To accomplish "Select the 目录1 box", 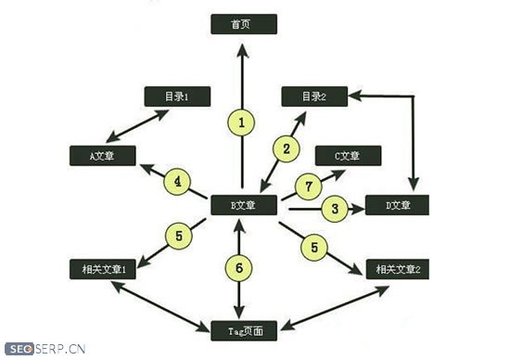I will click(177, 96).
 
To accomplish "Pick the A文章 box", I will click(102, 155).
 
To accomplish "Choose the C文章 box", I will click(347, 155).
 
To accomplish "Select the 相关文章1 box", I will click(102, 268).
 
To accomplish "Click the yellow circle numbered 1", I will click(241, 122).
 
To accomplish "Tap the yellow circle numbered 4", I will click(176, 181).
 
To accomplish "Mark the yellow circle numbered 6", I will click(238, 268).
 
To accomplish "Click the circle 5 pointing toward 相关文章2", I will click(314, 247).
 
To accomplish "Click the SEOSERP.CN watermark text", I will click(43, 350).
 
